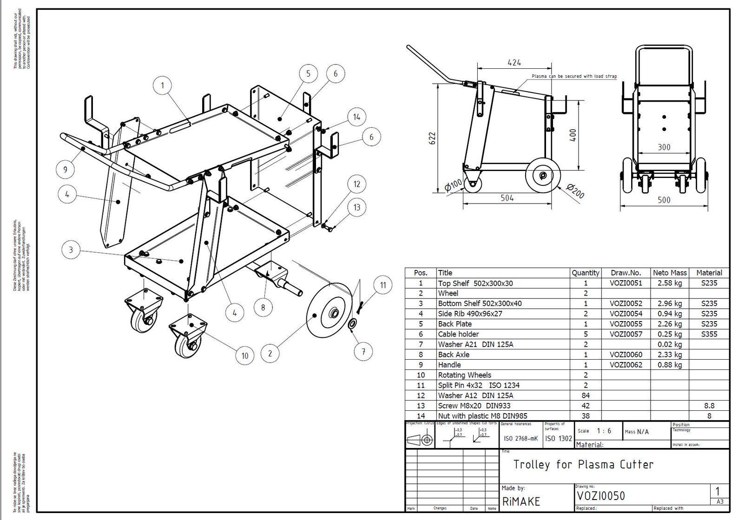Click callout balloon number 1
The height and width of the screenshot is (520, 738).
click(x=162, y=86)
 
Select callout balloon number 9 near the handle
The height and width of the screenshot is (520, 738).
click(x=65, y=169)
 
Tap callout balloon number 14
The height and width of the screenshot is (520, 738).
click(x=356, y=117)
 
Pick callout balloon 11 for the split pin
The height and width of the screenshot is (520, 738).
click(x=383, y=285)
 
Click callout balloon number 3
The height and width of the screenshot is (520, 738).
click(x=71, y=250)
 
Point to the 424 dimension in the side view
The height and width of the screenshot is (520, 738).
click(x=514, y=62)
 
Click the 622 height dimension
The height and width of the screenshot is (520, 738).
click(x=433, y=138)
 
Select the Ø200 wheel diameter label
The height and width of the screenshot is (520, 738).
click(x=575, y=191)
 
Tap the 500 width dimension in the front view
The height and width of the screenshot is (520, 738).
click(x=664, y=200)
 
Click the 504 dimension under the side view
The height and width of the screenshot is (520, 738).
click(x=507, y=198)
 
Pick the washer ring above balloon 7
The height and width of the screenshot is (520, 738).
click(x=353, y=324)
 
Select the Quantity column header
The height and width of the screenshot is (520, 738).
click(x=585, y=273)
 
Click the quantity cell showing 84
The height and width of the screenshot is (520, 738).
click(x=585, y=395)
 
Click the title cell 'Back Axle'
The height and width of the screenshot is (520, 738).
click(x=454, y=355)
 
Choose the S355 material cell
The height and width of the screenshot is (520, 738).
click(x=709, y=334)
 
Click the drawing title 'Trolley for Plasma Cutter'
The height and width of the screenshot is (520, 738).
click(x=583, y=464)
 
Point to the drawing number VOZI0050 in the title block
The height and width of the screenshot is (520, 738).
click(x=601, y=496)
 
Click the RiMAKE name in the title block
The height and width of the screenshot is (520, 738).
click(x=521, y=501)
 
